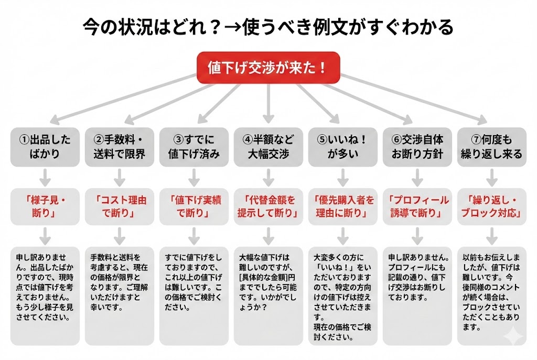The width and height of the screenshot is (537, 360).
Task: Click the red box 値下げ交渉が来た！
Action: tap(268, 68)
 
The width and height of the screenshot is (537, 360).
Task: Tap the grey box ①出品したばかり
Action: tap(46, 147)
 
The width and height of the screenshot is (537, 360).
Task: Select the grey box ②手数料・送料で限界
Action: tap(120, 147)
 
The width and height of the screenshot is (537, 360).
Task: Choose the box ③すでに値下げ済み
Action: tap(195, 147)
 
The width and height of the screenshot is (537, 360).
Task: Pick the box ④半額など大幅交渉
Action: tap(269, 147)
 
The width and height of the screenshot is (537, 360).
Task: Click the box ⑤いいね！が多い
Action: tap(342, 147)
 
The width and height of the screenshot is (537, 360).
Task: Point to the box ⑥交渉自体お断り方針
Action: tap(417, 147)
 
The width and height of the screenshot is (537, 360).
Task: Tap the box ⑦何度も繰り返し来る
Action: tap(491, 147)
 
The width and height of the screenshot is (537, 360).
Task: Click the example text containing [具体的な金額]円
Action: tap(269, 282)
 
